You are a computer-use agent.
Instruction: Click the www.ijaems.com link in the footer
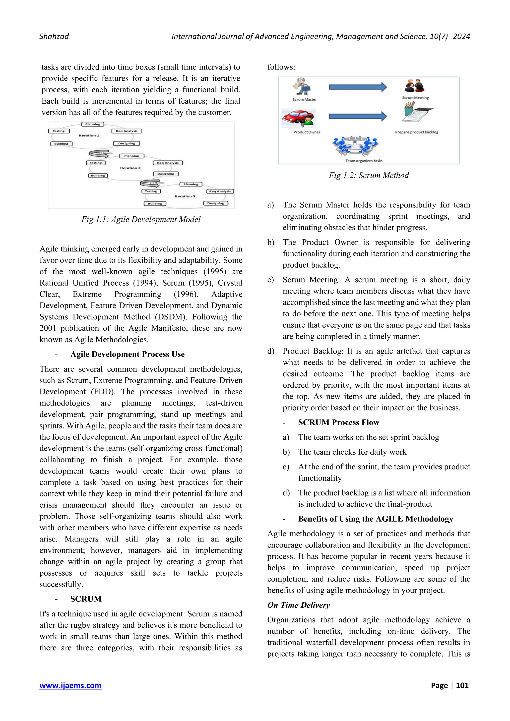[70, 685]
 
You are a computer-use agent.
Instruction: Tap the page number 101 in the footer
[462, 685]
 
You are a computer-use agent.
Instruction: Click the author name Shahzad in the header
[54, 36]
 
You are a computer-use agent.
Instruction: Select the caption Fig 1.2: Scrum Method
[369, 175]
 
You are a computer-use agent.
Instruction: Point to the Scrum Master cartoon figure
[302, 86]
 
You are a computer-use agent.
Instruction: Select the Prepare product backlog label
[416, 132]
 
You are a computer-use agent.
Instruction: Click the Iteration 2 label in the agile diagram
[130, 168]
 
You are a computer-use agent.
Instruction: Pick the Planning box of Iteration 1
[93, 124]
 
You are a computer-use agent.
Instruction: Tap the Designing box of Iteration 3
[215, 203]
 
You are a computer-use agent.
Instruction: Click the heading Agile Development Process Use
[127, 354]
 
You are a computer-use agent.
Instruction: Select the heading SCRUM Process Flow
[338, 422]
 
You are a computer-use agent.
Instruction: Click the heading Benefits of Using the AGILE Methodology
[376, 519]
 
